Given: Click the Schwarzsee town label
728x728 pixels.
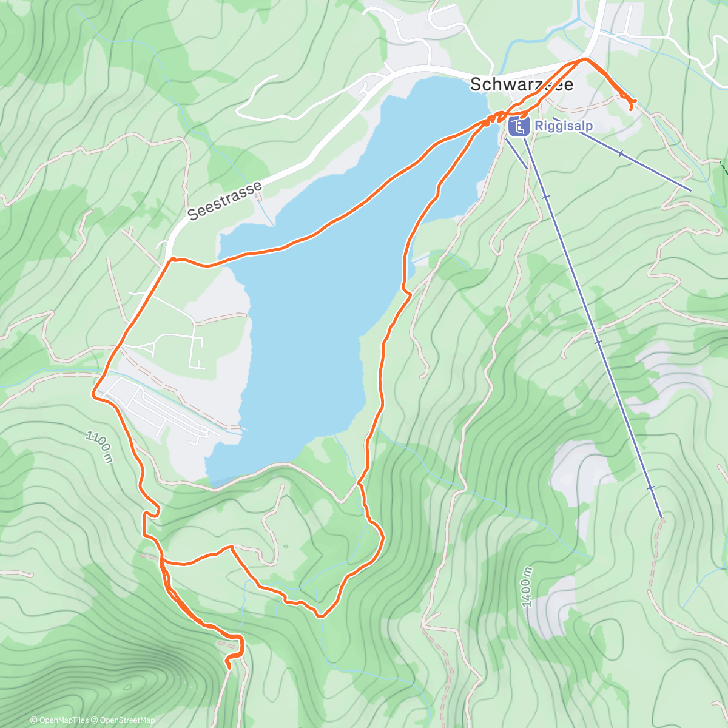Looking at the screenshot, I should [521, 84].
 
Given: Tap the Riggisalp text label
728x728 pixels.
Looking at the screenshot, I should [563, 127].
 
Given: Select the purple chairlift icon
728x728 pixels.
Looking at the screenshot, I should [518, 127].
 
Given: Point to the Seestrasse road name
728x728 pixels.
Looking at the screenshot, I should [225, 200].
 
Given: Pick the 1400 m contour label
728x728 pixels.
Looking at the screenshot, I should [527, 587].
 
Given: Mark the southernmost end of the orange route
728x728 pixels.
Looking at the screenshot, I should [229, 668].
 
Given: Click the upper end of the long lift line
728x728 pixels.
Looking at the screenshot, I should [661, 517].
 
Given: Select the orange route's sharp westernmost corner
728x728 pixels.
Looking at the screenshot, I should [93, 395].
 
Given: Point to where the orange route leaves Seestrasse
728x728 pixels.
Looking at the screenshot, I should [173, 259].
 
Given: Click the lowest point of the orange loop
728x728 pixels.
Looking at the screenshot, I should [321, 616].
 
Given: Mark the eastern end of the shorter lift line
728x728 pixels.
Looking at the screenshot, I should [690, 190].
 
